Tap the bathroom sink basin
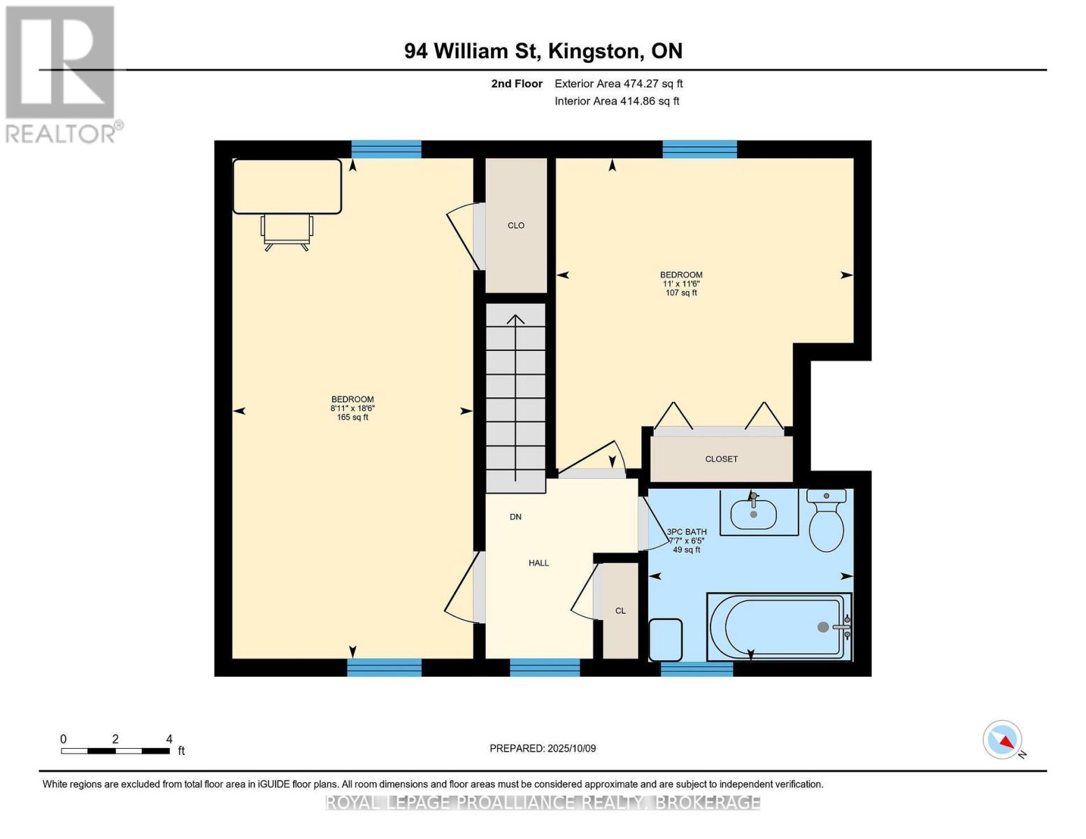pyautogui.click(x=753, y=515)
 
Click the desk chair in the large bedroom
pyautogui.click(x=287, y=231)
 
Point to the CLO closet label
pyautogui.click(x=516, y=225)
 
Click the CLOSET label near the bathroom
pyautogui.click(x=721, y=459)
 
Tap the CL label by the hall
pyautogui.click(x=620, y=610)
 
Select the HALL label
pyautogui.click(x=538, y=563)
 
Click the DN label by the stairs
pyautogui.click(x=515, y=517)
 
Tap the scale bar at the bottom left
pyautogui.click(x=115, y=751)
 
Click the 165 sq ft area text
pyautogui.click(x=352, y=417)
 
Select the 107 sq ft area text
pyautogui.click(x=681, y=293)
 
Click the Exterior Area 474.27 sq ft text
pyautogui.click(x=618, y=84)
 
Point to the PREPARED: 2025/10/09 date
pyautogui.click(x=543, y=748)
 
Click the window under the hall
pyautogui.click(x=545, y=667)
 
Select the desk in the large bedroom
pyautogui.click(x=287, y=186)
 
